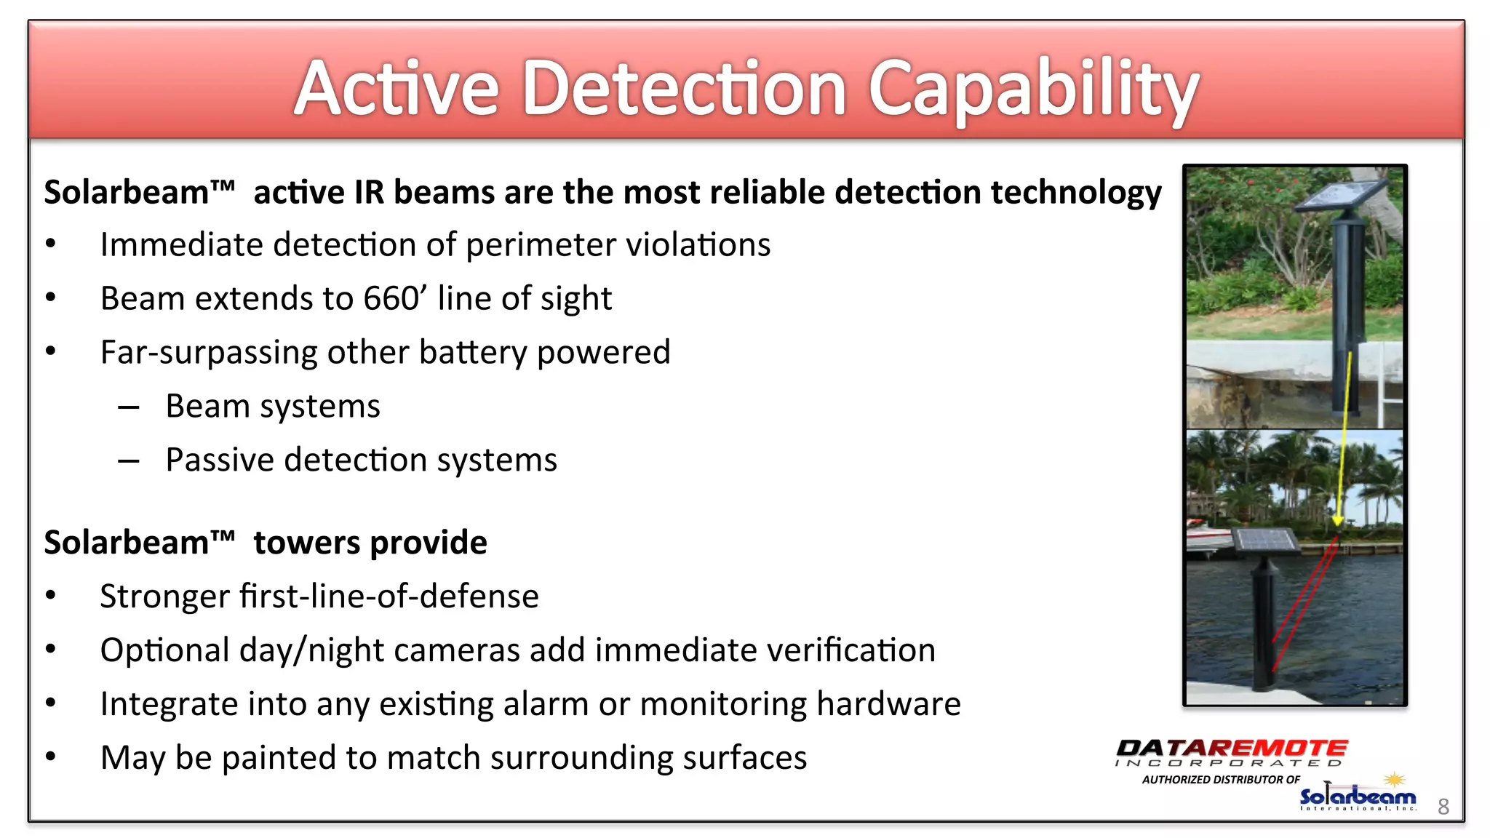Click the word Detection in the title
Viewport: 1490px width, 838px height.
pyautogui.click(x=684, y=89)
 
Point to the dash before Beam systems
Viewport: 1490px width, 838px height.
pyautogui.click(x=129, y=407)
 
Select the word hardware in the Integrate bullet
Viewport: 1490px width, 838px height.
pyautogui.click(x=888, y=704)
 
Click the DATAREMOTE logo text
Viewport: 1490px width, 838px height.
pyautogui.click(x=1231, y=749)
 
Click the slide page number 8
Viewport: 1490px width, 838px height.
pyautogui.click(x=1443, y=806)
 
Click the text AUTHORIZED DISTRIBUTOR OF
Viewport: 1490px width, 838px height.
pyautogui.click(x=1221, y=780)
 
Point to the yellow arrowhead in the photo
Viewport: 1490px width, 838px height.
pyautogui.click(x=1337, y=521)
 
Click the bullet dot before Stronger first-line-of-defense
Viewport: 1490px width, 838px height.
pyautogui.click(x=50, y=595)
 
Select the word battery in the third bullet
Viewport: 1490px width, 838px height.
pyautogui.click(x=473, y=353)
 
